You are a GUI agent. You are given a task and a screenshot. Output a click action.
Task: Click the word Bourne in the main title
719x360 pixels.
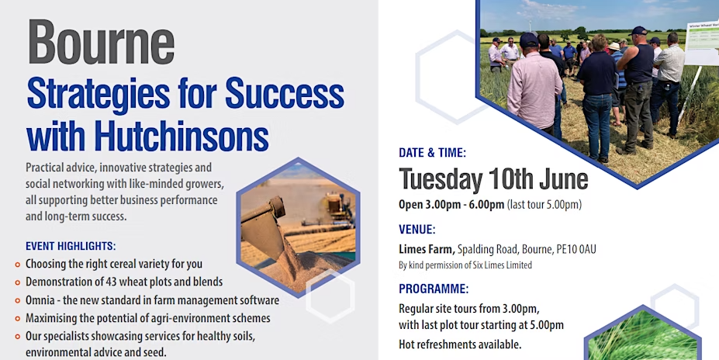pos(102,42)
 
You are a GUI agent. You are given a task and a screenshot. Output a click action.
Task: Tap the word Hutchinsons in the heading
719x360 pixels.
pos(181,137)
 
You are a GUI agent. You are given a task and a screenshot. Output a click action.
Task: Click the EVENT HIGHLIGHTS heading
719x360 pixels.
pos(71,246)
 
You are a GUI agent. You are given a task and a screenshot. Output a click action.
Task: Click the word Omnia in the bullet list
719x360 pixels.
pos(40,300)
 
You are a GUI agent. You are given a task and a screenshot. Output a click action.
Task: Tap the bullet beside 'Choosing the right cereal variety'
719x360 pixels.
pos(17,265)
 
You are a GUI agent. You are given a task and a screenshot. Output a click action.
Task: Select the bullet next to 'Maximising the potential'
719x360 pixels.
pos(17,319)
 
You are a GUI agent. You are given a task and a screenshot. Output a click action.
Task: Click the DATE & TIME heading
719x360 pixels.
pos(432,153)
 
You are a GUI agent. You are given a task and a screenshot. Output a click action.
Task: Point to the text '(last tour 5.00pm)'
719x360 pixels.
pos(544,204)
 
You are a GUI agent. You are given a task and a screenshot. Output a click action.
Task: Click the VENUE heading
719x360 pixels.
pos(417,230)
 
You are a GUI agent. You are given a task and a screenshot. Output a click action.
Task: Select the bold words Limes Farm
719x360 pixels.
pos(427,250)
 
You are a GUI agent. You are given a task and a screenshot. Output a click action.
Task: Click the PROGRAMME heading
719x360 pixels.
pos(434,289)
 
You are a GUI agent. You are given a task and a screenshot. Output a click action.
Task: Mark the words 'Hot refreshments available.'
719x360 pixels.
pos(460,344)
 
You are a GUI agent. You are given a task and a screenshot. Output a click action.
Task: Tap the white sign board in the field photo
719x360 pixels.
pos(702,42)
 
